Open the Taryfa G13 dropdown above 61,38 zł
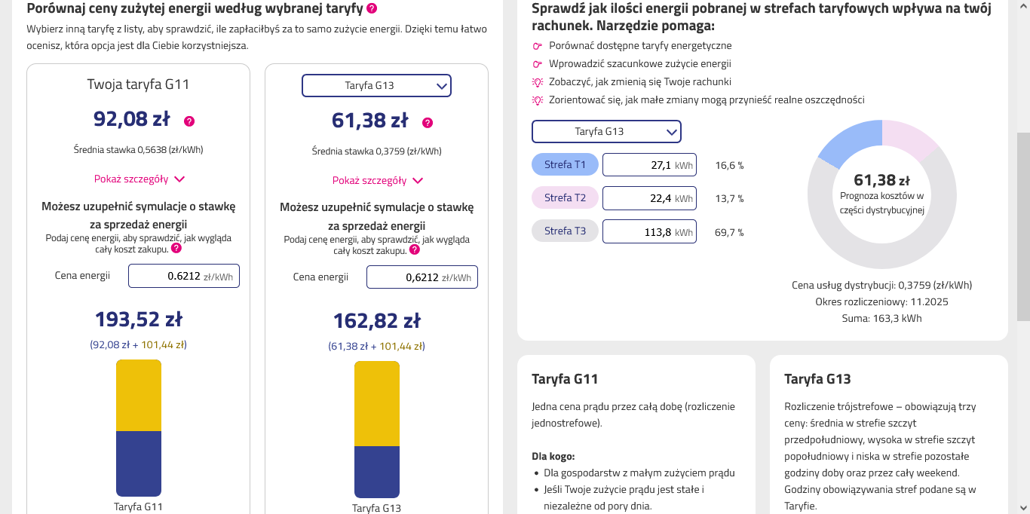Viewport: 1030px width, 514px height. pyautogui.click(x=376, y=85)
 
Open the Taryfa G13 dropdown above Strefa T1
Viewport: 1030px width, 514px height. pyautogui.click(x=606, y=131)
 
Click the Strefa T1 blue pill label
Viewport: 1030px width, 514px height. pyautogui.click(x=565, y=164)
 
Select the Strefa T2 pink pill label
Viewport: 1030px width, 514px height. pyautogui.click(x=565, y=197)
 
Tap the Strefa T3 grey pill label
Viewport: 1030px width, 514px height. pyautogui.click(x=565, y=231)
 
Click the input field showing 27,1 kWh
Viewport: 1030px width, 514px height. pyautogui.click(x=649, y=164)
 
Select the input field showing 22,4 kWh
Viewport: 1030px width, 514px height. pyautogui.click(x=649, y=198)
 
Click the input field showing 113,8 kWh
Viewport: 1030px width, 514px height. pyautogui.click(x=649, y=231)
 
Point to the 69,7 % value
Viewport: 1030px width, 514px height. pyautogui.click(x=729, y=232)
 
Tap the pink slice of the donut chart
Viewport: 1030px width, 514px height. pyautogui.click(x=907, y=137)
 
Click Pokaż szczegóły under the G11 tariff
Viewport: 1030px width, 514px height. pyautogui.click(x=139, y=179)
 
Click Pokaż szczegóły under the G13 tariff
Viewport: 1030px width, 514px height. pyautogui.click(x=377, y=180)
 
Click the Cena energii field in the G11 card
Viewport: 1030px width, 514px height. pyautogui.click(x=183, y=276)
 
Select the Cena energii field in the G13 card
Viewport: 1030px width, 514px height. pyautogui.click(x=422, y=277)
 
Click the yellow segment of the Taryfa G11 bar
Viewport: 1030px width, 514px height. pyautogui.click(x=139, y=396)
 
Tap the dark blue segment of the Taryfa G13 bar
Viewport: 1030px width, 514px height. pyautogui.click(x=376, y=472)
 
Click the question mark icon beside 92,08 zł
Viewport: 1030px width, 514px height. pyautogui.click(x=189, y=121)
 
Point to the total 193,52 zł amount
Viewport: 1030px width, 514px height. pyautogui.click(x=139, y=319)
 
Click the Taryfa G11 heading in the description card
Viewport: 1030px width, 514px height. pyautogui.click(x=565, y=379)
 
